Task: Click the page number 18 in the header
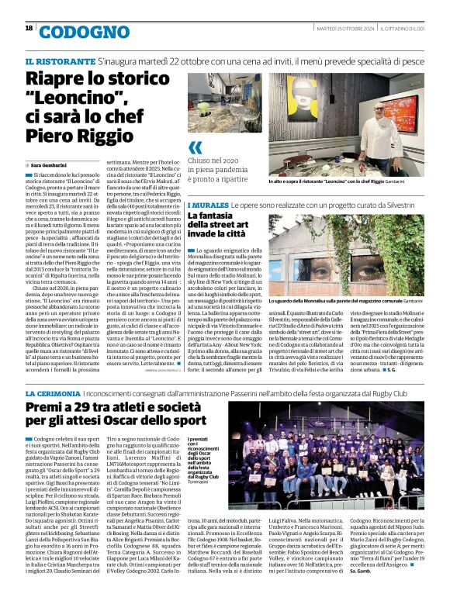tap(29, 28)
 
